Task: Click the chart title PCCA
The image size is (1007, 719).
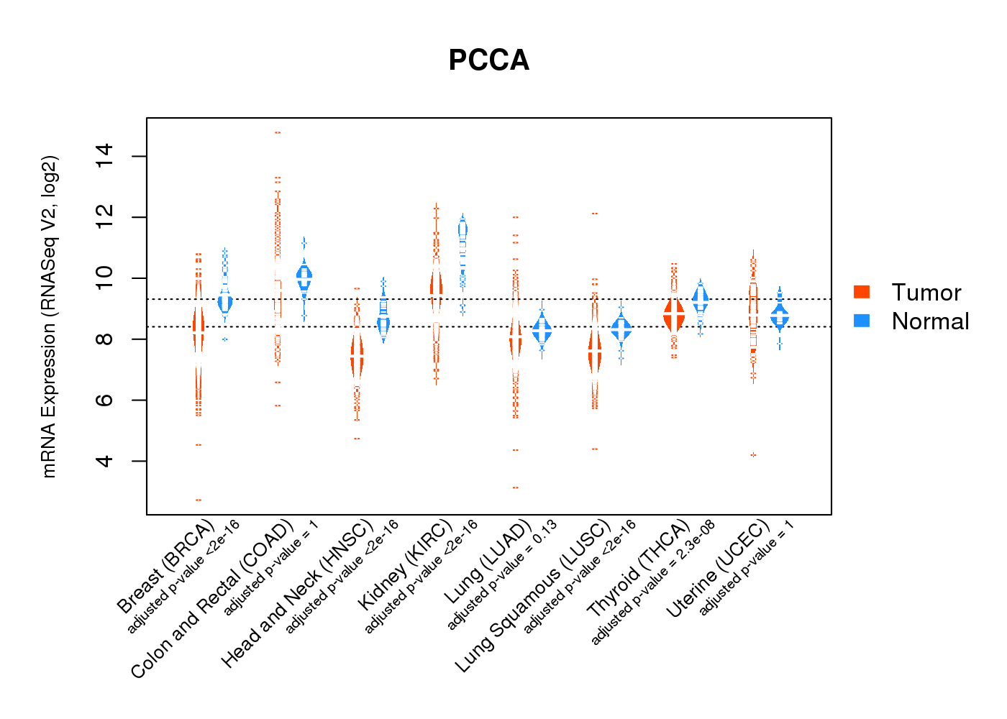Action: tap(488, 60)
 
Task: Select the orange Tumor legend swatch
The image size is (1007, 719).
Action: tap(862, 292)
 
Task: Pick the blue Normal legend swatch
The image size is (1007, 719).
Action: tap(862, 321)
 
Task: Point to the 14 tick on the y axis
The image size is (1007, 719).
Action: tap(105, 156)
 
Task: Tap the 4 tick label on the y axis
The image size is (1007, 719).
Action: tap(105, 460)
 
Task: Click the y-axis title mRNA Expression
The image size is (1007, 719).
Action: tap(49, 316)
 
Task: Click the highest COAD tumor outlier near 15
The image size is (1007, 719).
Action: tap(278, 132)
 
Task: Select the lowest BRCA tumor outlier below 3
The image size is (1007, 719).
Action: tap(199, 500)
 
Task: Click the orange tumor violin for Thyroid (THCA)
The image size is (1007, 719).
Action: tap(674, 315)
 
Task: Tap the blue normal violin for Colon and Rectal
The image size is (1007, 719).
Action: tap(304, 277)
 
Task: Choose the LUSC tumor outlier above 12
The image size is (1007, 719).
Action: tap(595, 214)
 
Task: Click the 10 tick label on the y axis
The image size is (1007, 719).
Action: tap(105, 278)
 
